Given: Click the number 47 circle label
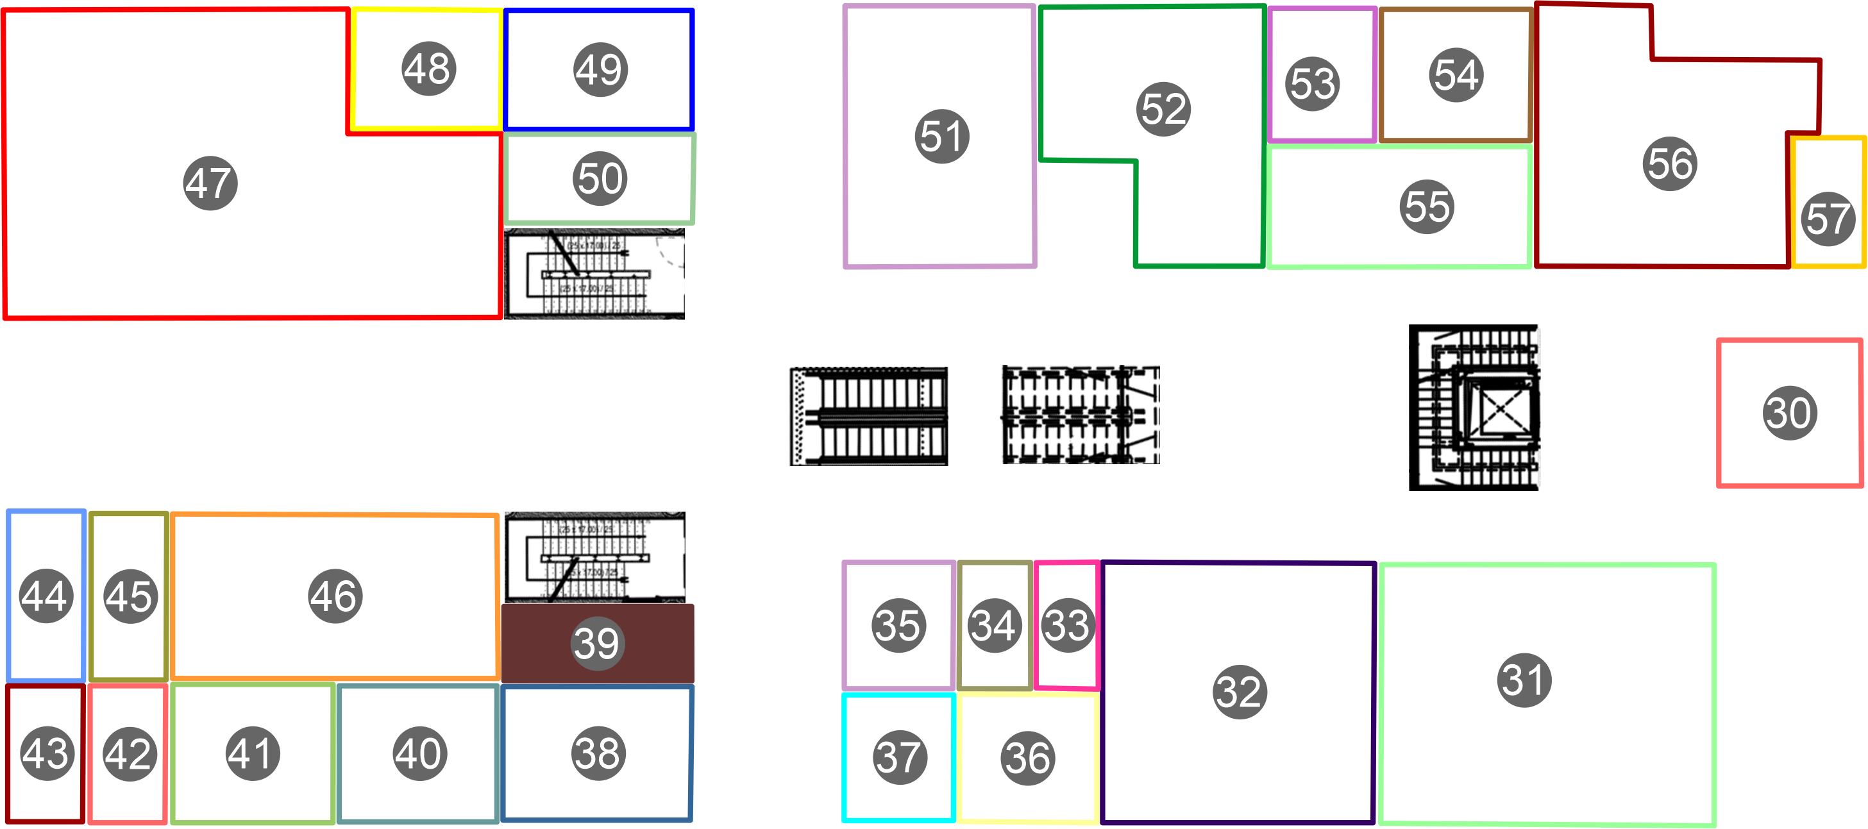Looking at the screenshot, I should (210, 183).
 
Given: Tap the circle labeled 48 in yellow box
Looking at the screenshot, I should (429, 69).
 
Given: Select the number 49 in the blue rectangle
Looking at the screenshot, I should (601, 70).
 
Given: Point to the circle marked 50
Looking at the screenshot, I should (600, 178).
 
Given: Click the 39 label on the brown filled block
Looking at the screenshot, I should (597, 643).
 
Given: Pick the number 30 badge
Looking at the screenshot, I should (1790, 412).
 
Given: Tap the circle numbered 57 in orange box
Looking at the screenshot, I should (1828, 219).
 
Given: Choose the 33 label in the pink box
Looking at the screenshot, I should (1066, 625).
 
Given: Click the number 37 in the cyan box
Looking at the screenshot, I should (899, 757).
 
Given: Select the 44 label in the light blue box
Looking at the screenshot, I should (46, 596).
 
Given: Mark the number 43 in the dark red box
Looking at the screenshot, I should (46, 753).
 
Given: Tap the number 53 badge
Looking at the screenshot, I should (1313, 83).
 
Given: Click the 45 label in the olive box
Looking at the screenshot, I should (131, 596).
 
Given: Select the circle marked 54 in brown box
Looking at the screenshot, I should (1456, 75).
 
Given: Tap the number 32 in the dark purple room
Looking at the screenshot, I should (1240, 691).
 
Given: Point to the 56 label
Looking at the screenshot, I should (1670, 163).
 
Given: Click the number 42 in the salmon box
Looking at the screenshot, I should (129, 753).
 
